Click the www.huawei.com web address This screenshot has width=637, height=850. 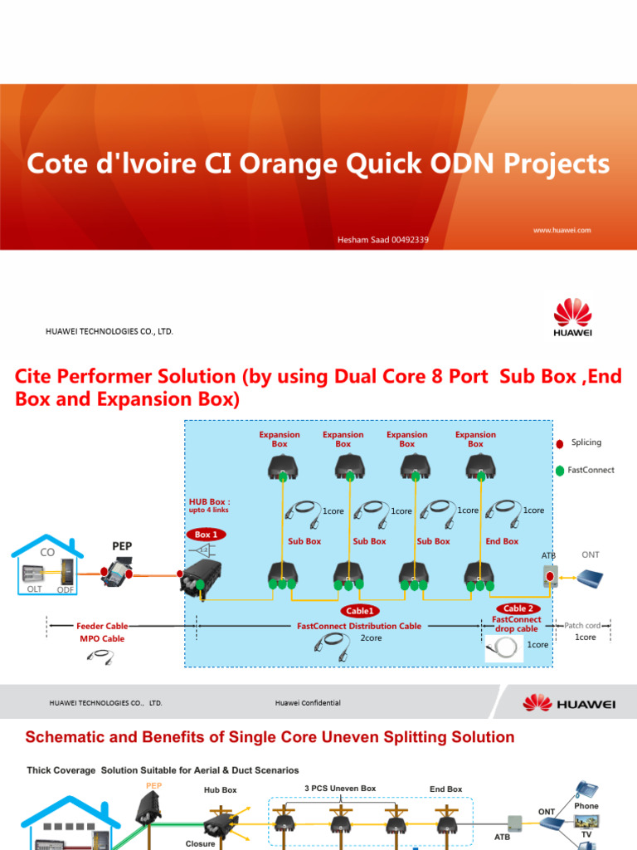562,230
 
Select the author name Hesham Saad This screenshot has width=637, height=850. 382,241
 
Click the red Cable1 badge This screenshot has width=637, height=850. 359,611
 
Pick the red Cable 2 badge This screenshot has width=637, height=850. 517,608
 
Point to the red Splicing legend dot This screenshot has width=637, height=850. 560,443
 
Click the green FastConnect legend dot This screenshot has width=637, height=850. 560,471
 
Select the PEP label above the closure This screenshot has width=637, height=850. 122,545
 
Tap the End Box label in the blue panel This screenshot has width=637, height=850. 502,541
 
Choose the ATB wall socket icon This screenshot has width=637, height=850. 548,576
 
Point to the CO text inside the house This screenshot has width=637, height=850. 47,551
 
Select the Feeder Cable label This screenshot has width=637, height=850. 102,626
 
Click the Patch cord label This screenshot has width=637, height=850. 582,625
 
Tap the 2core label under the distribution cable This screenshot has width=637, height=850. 371,637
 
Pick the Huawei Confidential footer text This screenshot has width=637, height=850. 308,703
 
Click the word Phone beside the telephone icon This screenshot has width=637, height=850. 586,806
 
